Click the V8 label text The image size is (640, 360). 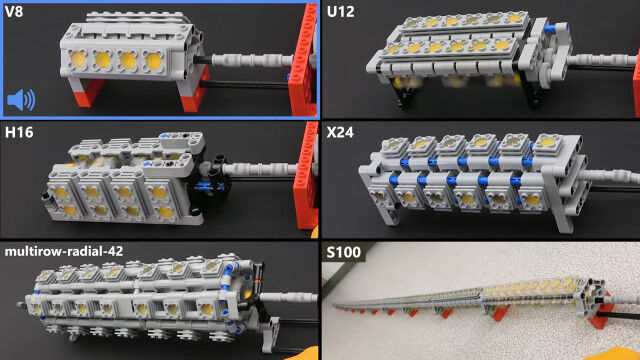pyautogui.click(x=14, y=11)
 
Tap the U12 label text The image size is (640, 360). pyautogui.click(x=340, y=12)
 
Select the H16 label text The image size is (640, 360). pyautogui.click(x=19, y=132)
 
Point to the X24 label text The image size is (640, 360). pyautogui.click(x=340, y=132)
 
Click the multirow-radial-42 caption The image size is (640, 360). pyautogui.click(x=64, y=251)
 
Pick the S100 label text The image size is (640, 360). pyautogui.click(x=344, y=252)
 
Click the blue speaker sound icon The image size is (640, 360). pyautogui.click(x=21, y=100)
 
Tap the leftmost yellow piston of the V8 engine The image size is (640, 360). pyautogui.click(x=78, y=60)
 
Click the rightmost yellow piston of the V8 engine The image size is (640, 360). pyautogui.click(x=153, y=61)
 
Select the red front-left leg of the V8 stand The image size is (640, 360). pyautogui.click(x=87, y=92)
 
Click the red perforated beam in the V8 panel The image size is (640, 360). pyautogui.click(x=303, y=61)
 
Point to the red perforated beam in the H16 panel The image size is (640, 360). pyautogui.click(x=306, y=176)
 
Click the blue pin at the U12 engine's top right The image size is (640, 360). pyautogui.click(x=555, y=28)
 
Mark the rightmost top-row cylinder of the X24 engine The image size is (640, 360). pyautogui.click(x=547, y=142)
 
